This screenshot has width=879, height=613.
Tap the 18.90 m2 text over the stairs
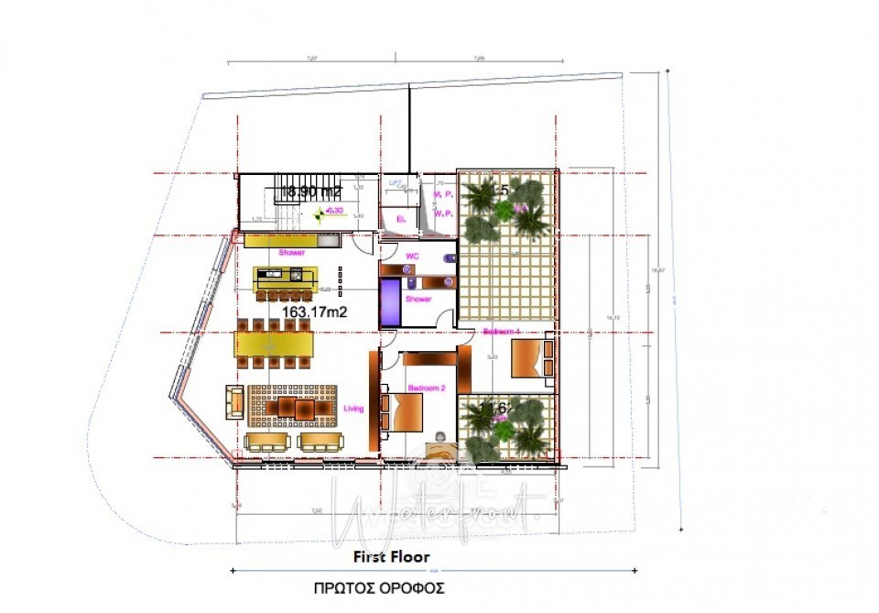point(311,192)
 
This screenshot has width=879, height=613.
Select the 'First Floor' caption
point(391,556)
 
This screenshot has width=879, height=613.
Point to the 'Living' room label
point(353,410)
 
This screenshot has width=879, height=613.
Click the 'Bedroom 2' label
point(425,389)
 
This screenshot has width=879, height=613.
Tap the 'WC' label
point(412,256)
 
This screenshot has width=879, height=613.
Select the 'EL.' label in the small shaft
point(401,219)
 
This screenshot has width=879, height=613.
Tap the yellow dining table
point(274,345)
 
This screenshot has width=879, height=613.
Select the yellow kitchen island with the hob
point(286,278)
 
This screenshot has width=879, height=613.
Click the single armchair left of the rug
point(234,400)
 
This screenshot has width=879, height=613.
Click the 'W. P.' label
point(443,213)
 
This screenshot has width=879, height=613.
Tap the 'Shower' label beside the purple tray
point(418,299)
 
